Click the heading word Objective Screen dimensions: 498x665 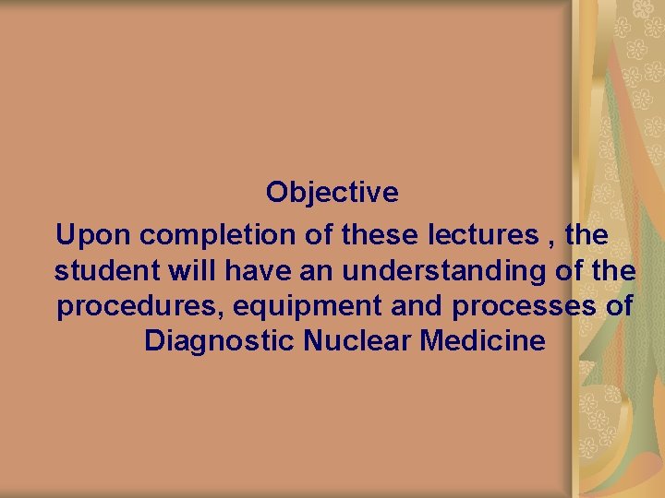click(x=332, y=193)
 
